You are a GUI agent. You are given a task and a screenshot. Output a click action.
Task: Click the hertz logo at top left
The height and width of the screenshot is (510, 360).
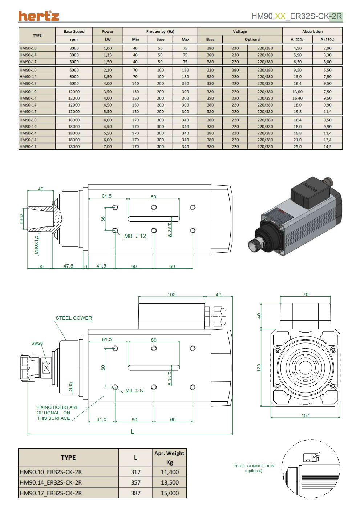click(x=39, y=16)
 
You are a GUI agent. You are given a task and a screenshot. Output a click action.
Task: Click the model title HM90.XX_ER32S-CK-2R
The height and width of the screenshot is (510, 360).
click(x=296, y=16)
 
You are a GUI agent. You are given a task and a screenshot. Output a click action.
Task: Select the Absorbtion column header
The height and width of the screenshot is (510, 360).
click(x=312, y=32)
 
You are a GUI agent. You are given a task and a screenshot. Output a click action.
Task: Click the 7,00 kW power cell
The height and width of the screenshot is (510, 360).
click(x=108, y=146)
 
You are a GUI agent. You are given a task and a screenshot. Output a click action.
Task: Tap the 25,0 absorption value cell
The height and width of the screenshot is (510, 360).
click(x=298, y=146)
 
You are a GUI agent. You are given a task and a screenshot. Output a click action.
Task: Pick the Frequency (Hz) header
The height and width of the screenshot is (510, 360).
click(x=160, y=32)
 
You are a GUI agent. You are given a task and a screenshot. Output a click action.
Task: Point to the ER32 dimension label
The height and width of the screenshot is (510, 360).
click(x=21, y=218)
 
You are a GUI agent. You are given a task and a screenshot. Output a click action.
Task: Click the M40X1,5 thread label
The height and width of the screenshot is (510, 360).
click(x=36, y=244)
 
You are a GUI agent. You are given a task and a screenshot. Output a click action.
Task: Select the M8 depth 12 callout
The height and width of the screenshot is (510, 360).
click(x=135, y=236)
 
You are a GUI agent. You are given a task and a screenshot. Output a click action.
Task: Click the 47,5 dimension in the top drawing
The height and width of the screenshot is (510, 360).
click(x=68, y=266)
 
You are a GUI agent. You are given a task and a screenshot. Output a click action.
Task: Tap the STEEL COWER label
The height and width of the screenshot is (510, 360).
click(x=74, y=318)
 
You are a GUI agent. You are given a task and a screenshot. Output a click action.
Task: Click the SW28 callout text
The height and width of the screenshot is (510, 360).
click(x=37, y=343)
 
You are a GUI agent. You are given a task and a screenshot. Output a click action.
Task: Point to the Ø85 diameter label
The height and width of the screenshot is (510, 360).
click(x=71, y=387)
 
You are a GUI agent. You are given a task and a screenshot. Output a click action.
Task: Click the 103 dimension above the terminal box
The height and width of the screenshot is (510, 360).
click(x=171, y=294)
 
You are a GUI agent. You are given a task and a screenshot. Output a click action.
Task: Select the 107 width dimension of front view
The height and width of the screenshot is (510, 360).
click(x=305, y=415)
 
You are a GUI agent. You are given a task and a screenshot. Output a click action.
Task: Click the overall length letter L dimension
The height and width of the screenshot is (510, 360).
click(x=132, y=431)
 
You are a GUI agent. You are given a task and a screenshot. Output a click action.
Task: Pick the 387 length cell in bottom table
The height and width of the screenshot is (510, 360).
click(x=135, y=493)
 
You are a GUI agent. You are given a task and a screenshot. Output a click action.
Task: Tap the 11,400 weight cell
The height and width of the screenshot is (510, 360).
click(x=170, y=472)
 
